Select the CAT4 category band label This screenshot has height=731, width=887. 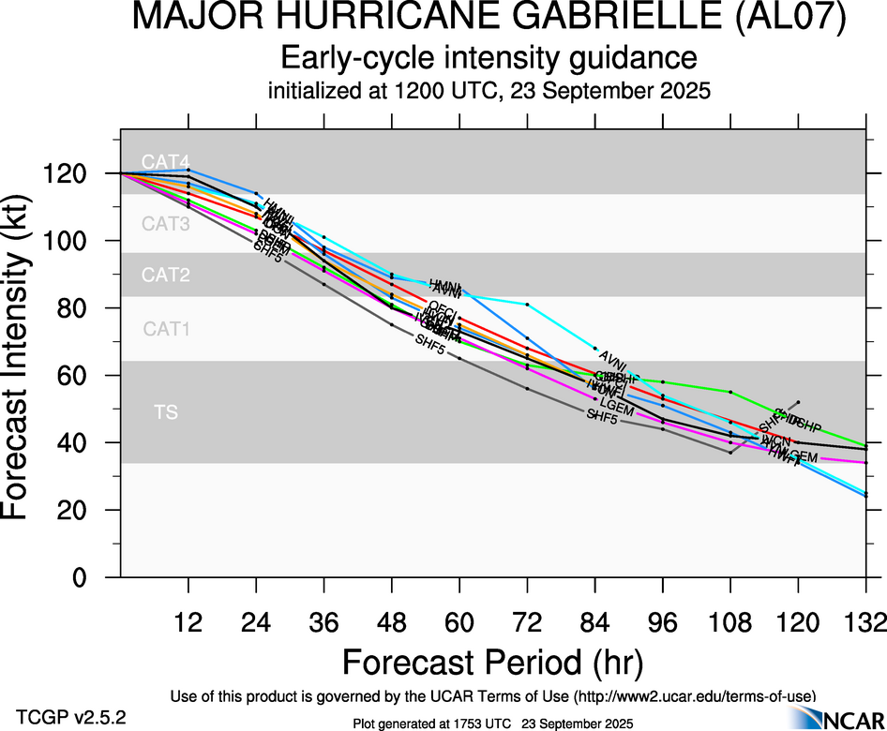click(x=158, y=161)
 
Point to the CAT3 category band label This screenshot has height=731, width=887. click(x=166, y=224)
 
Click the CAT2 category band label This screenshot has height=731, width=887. click(x=166, y=276)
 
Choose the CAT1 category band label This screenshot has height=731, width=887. click(x=166, y=329)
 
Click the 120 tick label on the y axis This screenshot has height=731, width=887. click(x=76, y=174)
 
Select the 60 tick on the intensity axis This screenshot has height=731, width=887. click(x=83, y=376)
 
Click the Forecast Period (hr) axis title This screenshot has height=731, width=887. click(x=492, y=662)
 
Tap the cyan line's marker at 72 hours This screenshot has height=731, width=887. click(x=528, y=305)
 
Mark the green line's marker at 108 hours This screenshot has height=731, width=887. click(x=730, y=391)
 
